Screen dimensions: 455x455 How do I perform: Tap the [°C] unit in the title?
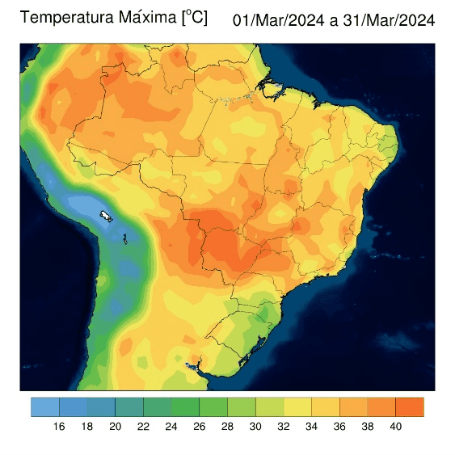(x=194, y=17)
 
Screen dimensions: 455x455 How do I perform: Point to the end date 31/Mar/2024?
(x=390, y=20)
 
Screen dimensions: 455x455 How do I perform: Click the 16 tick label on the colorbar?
(x=59, y=427)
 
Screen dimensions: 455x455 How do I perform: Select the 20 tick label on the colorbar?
(x=115, y=427)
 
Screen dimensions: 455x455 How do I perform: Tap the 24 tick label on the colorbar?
(x=171, y=427)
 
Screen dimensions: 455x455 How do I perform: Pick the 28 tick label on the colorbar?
(x=227, y=427)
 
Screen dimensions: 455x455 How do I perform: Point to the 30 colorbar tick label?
(x=255, y=427)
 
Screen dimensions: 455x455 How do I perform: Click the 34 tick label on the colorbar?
(x=311, y=427)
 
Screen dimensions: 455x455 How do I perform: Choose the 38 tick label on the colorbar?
(x=368, y=427)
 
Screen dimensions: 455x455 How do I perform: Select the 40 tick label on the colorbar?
(x=396, y=427)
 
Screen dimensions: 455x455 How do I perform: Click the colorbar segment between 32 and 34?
(x=297, y=407)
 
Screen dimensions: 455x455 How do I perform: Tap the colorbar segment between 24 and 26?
(x=185, y=407)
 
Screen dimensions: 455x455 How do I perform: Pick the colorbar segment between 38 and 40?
(x=381, y=407)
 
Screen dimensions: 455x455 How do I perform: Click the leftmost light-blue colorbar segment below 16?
(x=44, y=407)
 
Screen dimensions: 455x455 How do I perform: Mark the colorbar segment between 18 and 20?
(x=101, y=407)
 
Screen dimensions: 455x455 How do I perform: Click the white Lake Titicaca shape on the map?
(x=106, y=216)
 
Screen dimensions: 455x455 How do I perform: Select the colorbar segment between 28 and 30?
(x=241, y=407)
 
